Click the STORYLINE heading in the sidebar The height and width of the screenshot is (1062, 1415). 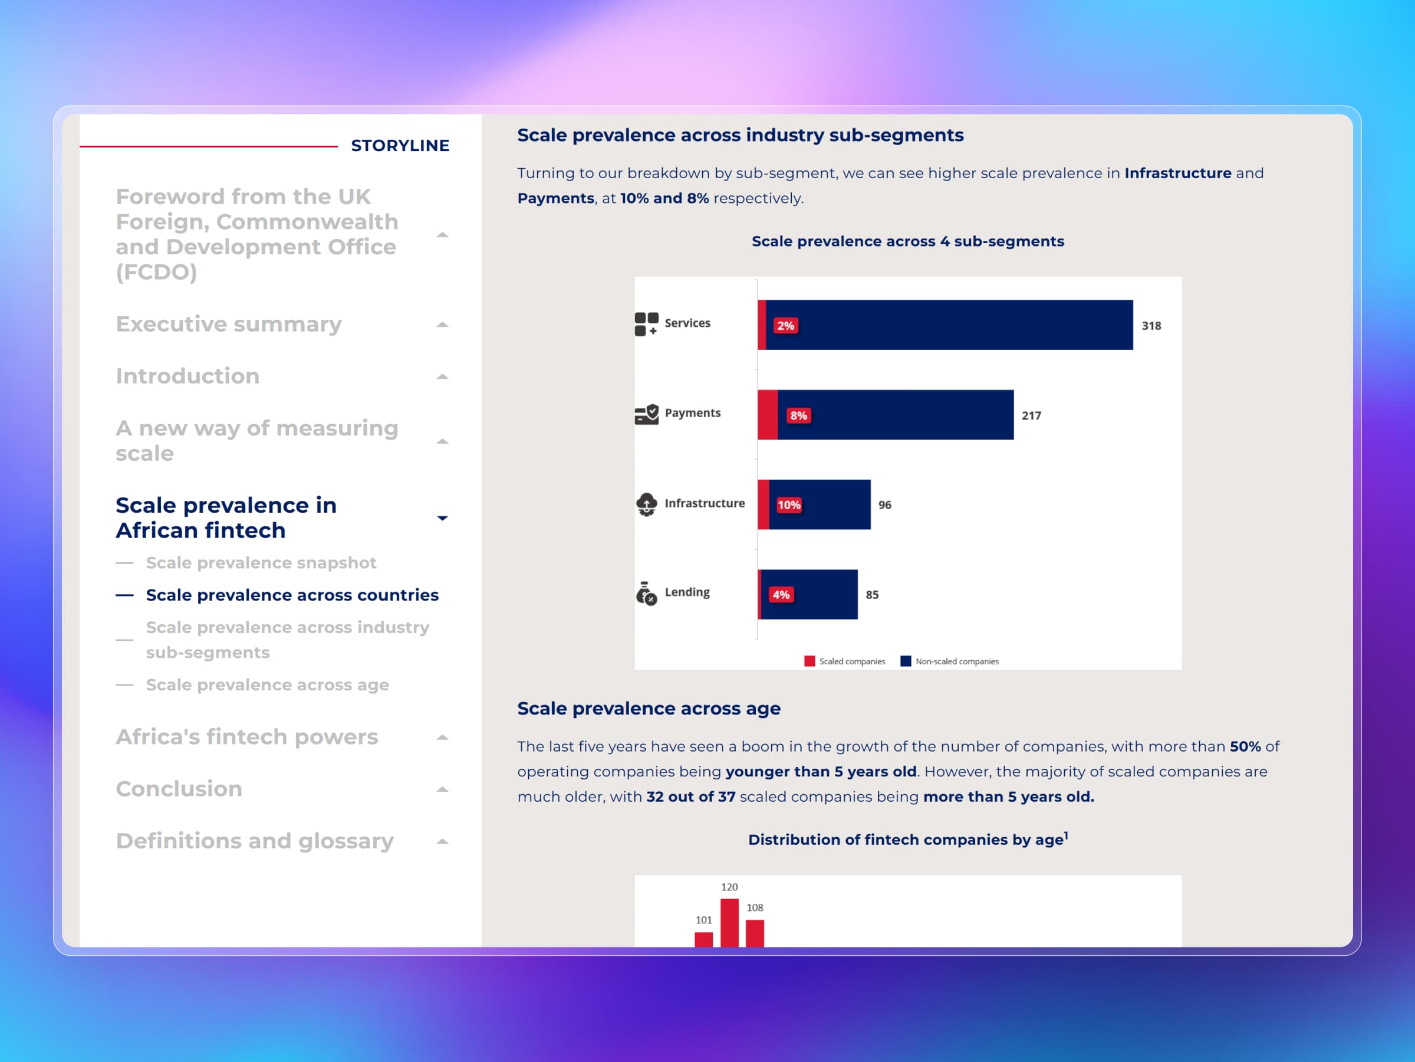point(400,146)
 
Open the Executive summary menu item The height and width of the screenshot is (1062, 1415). point(228,324)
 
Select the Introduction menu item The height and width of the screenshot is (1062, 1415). point(187,376)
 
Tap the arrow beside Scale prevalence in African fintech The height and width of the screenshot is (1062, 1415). point(442,518)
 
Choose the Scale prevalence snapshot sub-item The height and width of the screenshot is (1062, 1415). point(261,563)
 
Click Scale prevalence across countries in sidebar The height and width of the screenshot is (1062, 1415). point(292,595)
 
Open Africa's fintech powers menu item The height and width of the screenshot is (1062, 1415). point(246,737)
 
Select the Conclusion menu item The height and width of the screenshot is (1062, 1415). point(179,789)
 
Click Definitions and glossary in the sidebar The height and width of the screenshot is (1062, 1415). point(254,841)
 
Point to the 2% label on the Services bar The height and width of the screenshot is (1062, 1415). point(785,326)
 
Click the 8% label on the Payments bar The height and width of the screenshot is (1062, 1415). point(798,415)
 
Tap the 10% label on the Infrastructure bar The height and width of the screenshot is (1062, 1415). point(789,505)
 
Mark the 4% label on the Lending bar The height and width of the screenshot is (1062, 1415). point(781,595)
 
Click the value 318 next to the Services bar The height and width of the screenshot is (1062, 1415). point(1151,326)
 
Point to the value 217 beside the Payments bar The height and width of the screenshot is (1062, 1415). point(1031,415)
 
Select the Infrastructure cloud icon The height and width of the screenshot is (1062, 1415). point(646,504)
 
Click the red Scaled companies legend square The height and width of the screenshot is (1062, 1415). point(809,661)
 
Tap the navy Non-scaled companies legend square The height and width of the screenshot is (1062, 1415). point(905,661)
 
